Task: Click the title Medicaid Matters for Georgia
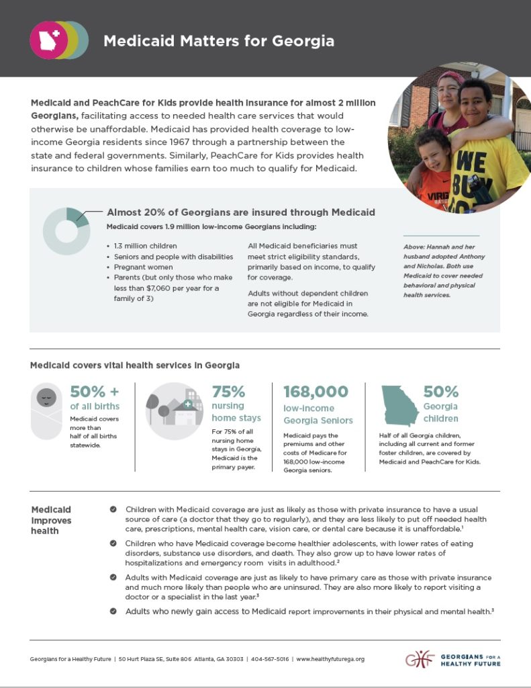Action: pyautogui.click(x=218, y=41)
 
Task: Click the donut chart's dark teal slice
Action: pyautogui.click(x=79, y=217)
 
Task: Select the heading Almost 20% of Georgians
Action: pyautogui.click(x=241, y=212)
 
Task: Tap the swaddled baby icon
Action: pyautogui.click(x=46, y=412)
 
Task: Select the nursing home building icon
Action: pyautogui.click(x=174, y=411)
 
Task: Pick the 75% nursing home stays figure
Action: pyautogui.click(x=228, y=392)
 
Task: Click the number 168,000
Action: pyautogui.click(x=316, y=392)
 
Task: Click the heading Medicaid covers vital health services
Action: pyautogui.click(x=135, y=365)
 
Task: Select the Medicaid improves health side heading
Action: pyautogui.click(x=51, y=520)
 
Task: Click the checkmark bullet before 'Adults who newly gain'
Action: pyautogui.click(x=113, y=611)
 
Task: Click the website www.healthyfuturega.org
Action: pyautogui.click(x=330, y=659)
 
